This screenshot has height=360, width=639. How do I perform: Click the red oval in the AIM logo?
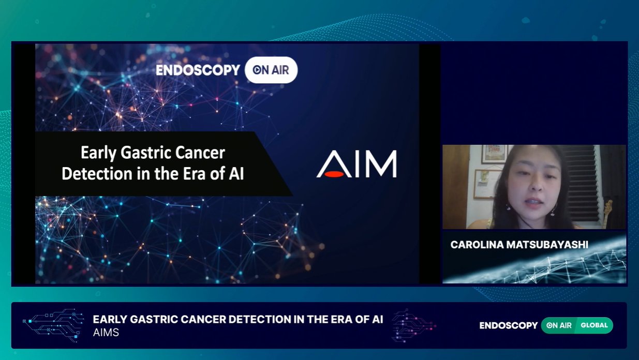334,174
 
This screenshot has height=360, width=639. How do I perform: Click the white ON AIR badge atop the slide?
271,70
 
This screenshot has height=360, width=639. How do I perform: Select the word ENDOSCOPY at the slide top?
198,70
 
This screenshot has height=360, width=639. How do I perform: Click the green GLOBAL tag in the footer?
594,325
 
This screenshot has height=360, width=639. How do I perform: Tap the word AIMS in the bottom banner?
106,333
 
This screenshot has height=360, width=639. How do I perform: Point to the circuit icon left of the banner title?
53,325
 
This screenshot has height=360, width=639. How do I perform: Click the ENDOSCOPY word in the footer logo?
509,325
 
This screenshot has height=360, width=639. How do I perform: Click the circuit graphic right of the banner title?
412,325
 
